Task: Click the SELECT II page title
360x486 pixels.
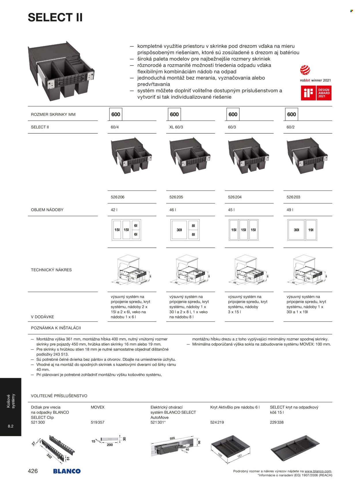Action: (x=55, y=18)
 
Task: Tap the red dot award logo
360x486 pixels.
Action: (x=305, y=70)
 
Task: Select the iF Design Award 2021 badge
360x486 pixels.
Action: (x=316, y=93)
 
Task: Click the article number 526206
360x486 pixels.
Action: (x=118, y=197)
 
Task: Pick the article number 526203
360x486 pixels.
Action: (x=293, y=197)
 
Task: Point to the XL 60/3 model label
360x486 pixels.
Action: (x=176, y=127)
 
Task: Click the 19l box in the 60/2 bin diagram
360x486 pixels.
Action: (x=311, y=230)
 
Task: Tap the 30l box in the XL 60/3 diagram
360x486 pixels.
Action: (x=179, y=230)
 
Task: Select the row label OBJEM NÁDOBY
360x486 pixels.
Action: (x=47, y=210)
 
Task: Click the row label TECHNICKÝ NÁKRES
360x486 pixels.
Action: (x=51, y=270)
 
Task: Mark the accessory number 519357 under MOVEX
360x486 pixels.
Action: (x=97, y=422)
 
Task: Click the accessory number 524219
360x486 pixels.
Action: (x=217, y=422)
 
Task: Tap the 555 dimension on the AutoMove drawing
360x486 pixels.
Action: (x=172, y=438)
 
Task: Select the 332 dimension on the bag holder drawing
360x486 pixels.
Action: (x=49, y=456)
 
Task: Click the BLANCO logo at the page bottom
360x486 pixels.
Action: (x=67, y=471)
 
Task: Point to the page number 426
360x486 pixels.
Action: (x=33, y=471)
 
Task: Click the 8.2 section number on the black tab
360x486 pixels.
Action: (x=11, y=426)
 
